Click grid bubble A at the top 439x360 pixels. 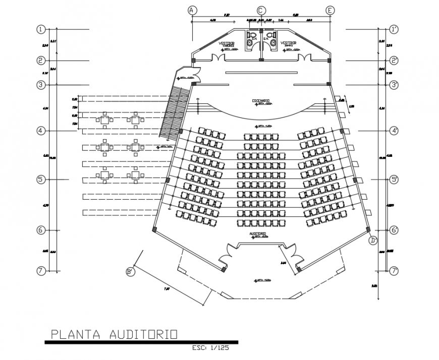point(192,11)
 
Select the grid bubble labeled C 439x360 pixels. point(261,11)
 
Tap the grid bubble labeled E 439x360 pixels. point(331,11)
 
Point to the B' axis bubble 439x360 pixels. point(130,272)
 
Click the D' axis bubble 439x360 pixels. point(373,240)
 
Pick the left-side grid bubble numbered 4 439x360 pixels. point(41,131)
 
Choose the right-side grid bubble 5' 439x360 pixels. point(394,179)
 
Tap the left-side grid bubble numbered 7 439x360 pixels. point(41,270)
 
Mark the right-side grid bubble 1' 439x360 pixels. point(394,30)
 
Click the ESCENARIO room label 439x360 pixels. point(261,101)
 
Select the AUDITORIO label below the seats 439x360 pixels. point(257,234)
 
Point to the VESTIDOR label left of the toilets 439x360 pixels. point(227,43)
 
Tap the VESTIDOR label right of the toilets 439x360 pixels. point(288,43)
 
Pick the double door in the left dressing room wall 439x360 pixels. point(218,58)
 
